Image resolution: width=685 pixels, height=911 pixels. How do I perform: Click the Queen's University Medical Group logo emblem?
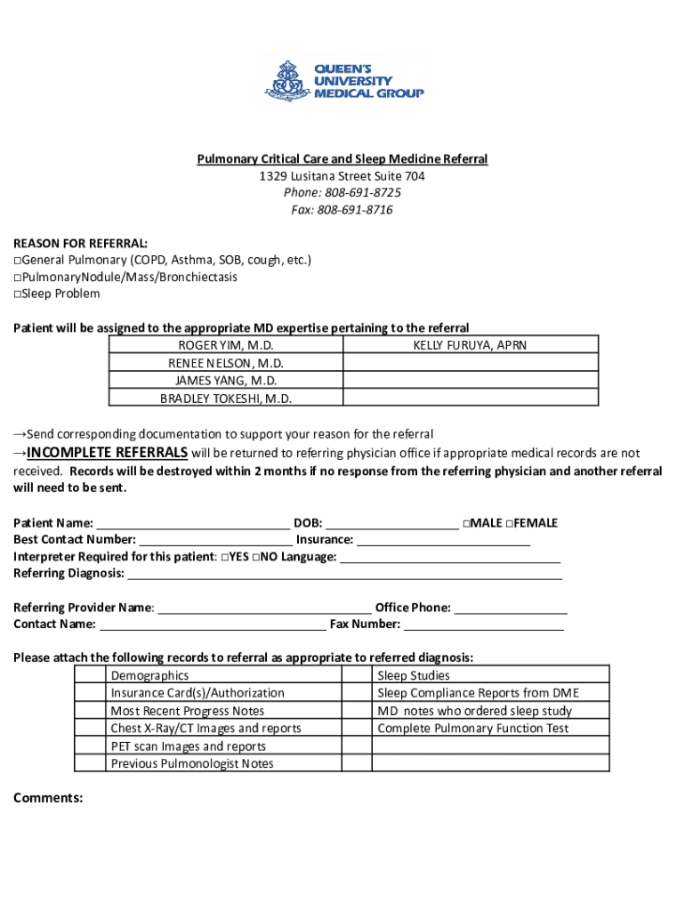point(286,81)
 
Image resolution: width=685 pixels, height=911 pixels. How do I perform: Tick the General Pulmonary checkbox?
point(18,261)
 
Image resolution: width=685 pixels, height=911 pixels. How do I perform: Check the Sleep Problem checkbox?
point(18,294)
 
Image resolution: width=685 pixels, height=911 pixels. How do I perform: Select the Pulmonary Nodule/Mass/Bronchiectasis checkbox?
point(18,278)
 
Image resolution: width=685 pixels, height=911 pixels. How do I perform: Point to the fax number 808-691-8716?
point(355,210)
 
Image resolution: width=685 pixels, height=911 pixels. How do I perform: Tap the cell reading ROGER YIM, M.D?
point(226,345)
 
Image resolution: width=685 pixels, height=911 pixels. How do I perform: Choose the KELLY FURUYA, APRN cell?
point(470,345)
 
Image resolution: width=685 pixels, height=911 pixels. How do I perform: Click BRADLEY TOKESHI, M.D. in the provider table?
point(226,399)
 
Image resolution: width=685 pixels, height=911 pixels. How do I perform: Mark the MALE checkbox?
point(467,524)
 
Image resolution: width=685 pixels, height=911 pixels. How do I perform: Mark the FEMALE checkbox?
point(510,524)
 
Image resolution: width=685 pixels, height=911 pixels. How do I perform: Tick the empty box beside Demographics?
point(90,675)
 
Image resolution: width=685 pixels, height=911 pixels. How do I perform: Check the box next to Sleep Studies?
point(357,675)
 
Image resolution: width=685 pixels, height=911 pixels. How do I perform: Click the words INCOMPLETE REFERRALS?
point(107,452)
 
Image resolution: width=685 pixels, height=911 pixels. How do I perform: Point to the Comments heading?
point(48,798)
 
